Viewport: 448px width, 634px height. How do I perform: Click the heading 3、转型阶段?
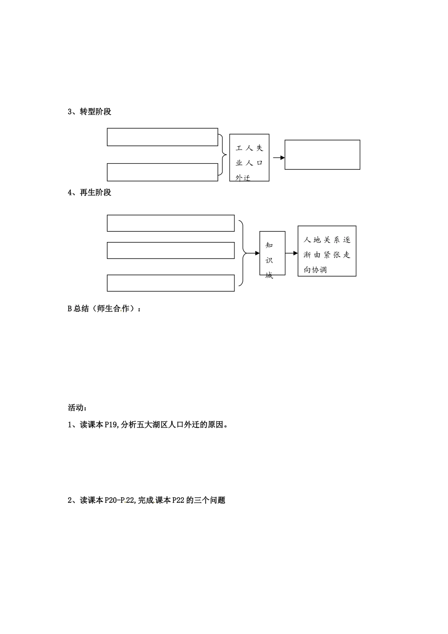coord(90,112)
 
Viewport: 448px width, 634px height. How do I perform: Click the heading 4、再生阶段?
coord(90,192)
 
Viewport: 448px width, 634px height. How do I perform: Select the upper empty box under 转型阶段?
coord(162,137)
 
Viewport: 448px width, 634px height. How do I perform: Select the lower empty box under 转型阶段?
coord(162,172)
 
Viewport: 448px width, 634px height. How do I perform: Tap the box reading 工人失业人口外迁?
coord(249,158)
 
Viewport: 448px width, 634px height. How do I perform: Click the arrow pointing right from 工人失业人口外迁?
coord(279,158)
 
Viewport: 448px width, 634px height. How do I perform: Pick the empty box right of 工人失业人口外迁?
coord(323,154)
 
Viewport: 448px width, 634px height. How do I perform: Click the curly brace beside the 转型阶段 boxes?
coord(222,154)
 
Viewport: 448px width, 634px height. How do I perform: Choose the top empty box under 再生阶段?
coord(171,223)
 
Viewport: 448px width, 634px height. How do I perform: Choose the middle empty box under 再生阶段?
coord(171,250)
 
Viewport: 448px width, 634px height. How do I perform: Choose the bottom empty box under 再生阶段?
coord(171,283)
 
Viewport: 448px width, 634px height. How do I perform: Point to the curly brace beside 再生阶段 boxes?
coord(243,253)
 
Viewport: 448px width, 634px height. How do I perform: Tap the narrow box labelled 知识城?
coord(273,253)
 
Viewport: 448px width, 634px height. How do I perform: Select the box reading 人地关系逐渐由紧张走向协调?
coord(327,251)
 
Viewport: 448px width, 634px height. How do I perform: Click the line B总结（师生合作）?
coord(104,309)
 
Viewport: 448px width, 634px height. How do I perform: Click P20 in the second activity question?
coord(112,501)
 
